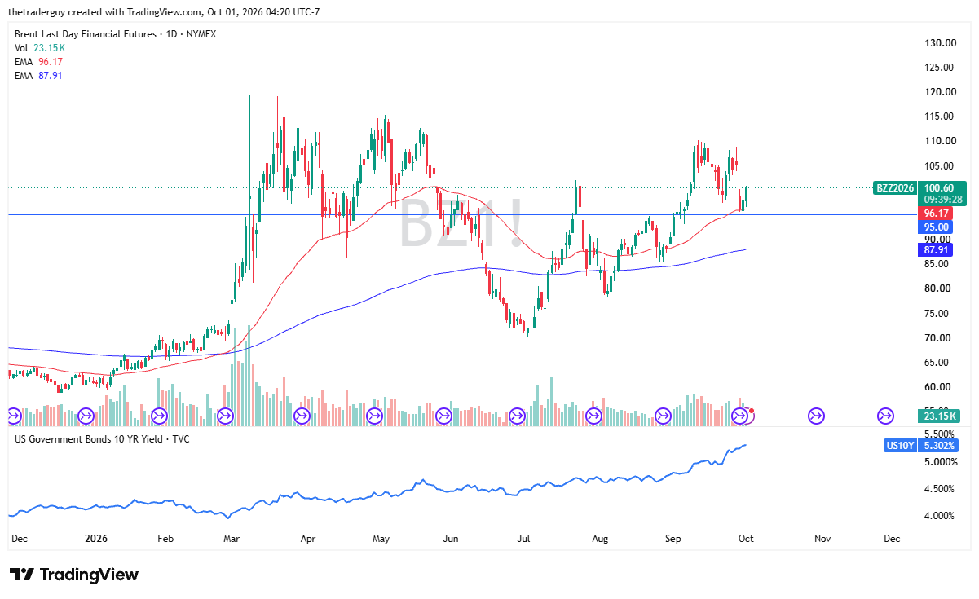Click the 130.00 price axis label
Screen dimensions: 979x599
tap(940, 43)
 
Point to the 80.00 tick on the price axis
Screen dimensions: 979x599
tap(937, 288)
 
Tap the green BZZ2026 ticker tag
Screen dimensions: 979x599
tap(895, 188)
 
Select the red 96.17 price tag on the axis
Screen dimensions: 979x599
tap(935, 214)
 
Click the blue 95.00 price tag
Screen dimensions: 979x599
tap(935, 227)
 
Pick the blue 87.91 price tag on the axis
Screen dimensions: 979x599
tap(935, 250)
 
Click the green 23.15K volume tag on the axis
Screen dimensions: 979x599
tap(939, 416)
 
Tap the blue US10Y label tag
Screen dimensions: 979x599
tap(900, 446)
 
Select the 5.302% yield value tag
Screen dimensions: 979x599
tap(938, 446)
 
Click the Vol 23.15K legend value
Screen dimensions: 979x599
tap(50, 48)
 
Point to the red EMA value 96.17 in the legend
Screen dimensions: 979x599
tap(51, 62)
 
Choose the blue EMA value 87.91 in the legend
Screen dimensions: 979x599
tap(51, 76)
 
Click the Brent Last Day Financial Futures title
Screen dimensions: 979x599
tap(86, 34)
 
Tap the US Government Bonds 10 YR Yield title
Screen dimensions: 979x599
tap(88, 439)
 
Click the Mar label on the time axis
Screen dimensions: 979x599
tap(232, 538)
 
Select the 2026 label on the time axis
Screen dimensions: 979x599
tap(95, 538)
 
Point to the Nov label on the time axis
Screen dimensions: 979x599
tap(822, 538)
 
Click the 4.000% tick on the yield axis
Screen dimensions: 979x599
tap(939, 516)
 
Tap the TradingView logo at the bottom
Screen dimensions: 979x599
tap(74, 574)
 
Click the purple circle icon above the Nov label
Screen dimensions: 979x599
tap(816, 416)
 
